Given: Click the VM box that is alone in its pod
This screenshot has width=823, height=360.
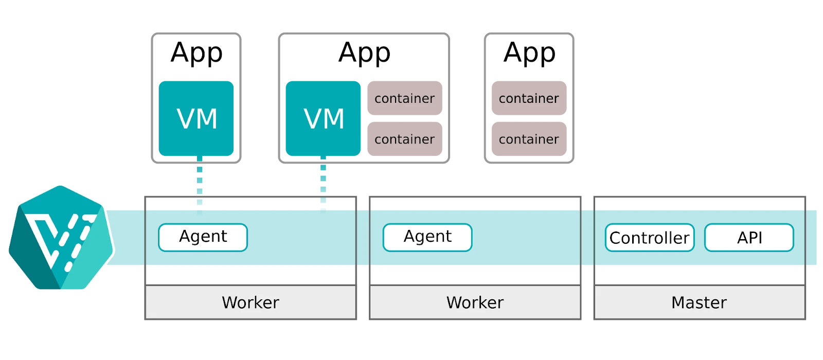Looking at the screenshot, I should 196,118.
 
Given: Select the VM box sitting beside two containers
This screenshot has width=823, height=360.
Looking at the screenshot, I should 323,118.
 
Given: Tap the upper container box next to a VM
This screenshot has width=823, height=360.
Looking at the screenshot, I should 405,98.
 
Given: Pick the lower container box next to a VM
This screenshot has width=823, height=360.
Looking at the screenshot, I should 405,138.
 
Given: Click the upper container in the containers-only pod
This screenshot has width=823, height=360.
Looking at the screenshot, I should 529,98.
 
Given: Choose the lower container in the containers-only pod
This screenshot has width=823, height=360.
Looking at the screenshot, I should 529,138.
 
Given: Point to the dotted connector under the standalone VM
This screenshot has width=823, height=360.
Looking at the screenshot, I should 200,181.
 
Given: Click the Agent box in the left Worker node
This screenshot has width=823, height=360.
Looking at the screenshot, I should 203,237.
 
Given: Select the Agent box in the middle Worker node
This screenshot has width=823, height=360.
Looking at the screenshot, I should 427,237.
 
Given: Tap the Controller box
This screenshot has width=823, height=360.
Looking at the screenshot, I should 649,238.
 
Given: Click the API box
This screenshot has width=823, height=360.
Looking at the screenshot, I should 749,238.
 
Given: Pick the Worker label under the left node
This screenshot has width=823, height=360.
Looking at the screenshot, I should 251,302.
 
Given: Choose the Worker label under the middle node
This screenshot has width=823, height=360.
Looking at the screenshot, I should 475,302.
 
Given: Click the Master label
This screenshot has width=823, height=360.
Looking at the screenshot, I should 699,302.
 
